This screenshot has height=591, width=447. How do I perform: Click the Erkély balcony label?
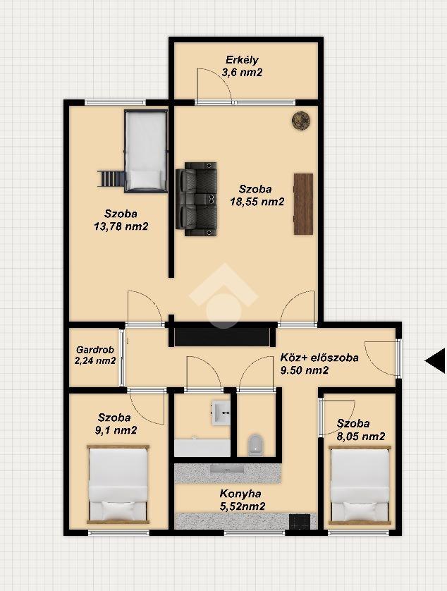[242, 60]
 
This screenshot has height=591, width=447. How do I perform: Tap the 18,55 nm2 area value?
[257, 202]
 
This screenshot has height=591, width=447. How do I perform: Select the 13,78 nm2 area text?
[121, 226]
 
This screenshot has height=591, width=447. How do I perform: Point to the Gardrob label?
[95, 350]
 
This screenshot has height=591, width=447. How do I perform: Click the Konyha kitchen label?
[240, 494]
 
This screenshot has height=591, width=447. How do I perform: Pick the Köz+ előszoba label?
[319, 358]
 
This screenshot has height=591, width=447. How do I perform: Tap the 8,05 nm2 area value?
[361, 437]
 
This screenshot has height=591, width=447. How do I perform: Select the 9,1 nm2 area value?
[116, 430]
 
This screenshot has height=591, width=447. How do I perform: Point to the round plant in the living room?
[301, 120]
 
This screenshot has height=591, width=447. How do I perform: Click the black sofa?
[197, 199]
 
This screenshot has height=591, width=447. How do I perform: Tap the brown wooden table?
[303, 204]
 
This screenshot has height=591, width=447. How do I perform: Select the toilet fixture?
[256, 445]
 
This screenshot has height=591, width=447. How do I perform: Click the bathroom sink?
[221, 413]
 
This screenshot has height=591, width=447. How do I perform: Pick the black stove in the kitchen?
[300, 522]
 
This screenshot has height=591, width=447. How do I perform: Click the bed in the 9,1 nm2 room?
[118, 485]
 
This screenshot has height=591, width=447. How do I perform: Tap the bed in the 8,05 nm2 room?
[360, 485]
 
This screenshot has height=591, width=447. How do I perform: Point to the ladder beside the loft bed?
[111, 178]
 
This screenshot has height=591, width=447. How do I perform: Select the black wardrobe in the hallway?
[222, 336]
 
